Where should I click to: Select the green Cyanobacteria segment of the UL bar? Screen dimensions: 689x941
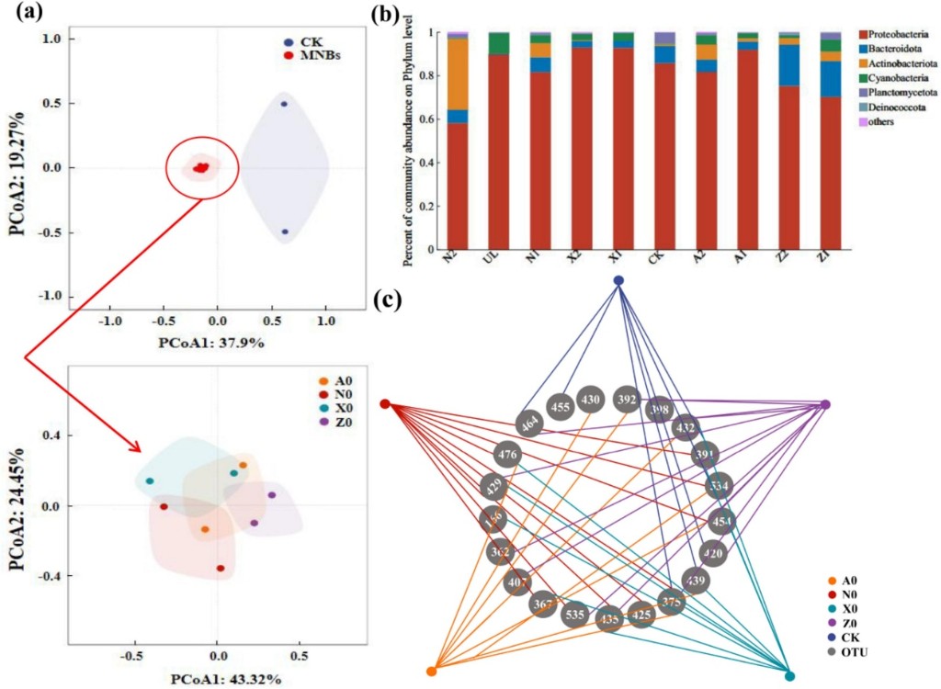pos(499,43)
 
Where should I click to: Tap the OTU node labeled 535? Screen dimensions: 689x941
pos(576,613)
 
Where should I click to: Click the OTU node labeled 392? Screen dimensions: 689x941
pos(628,400)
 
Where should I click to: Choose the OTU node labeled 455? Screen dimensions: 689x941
pos(560,405)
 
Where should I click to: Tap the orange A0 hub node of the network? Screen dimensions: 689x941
pos(432,671)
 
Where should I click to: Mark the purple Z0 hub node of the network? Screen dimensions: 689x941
pos(825,405)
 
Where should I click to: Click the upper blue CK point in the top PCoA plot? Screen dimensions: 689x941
pos(284,104)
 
